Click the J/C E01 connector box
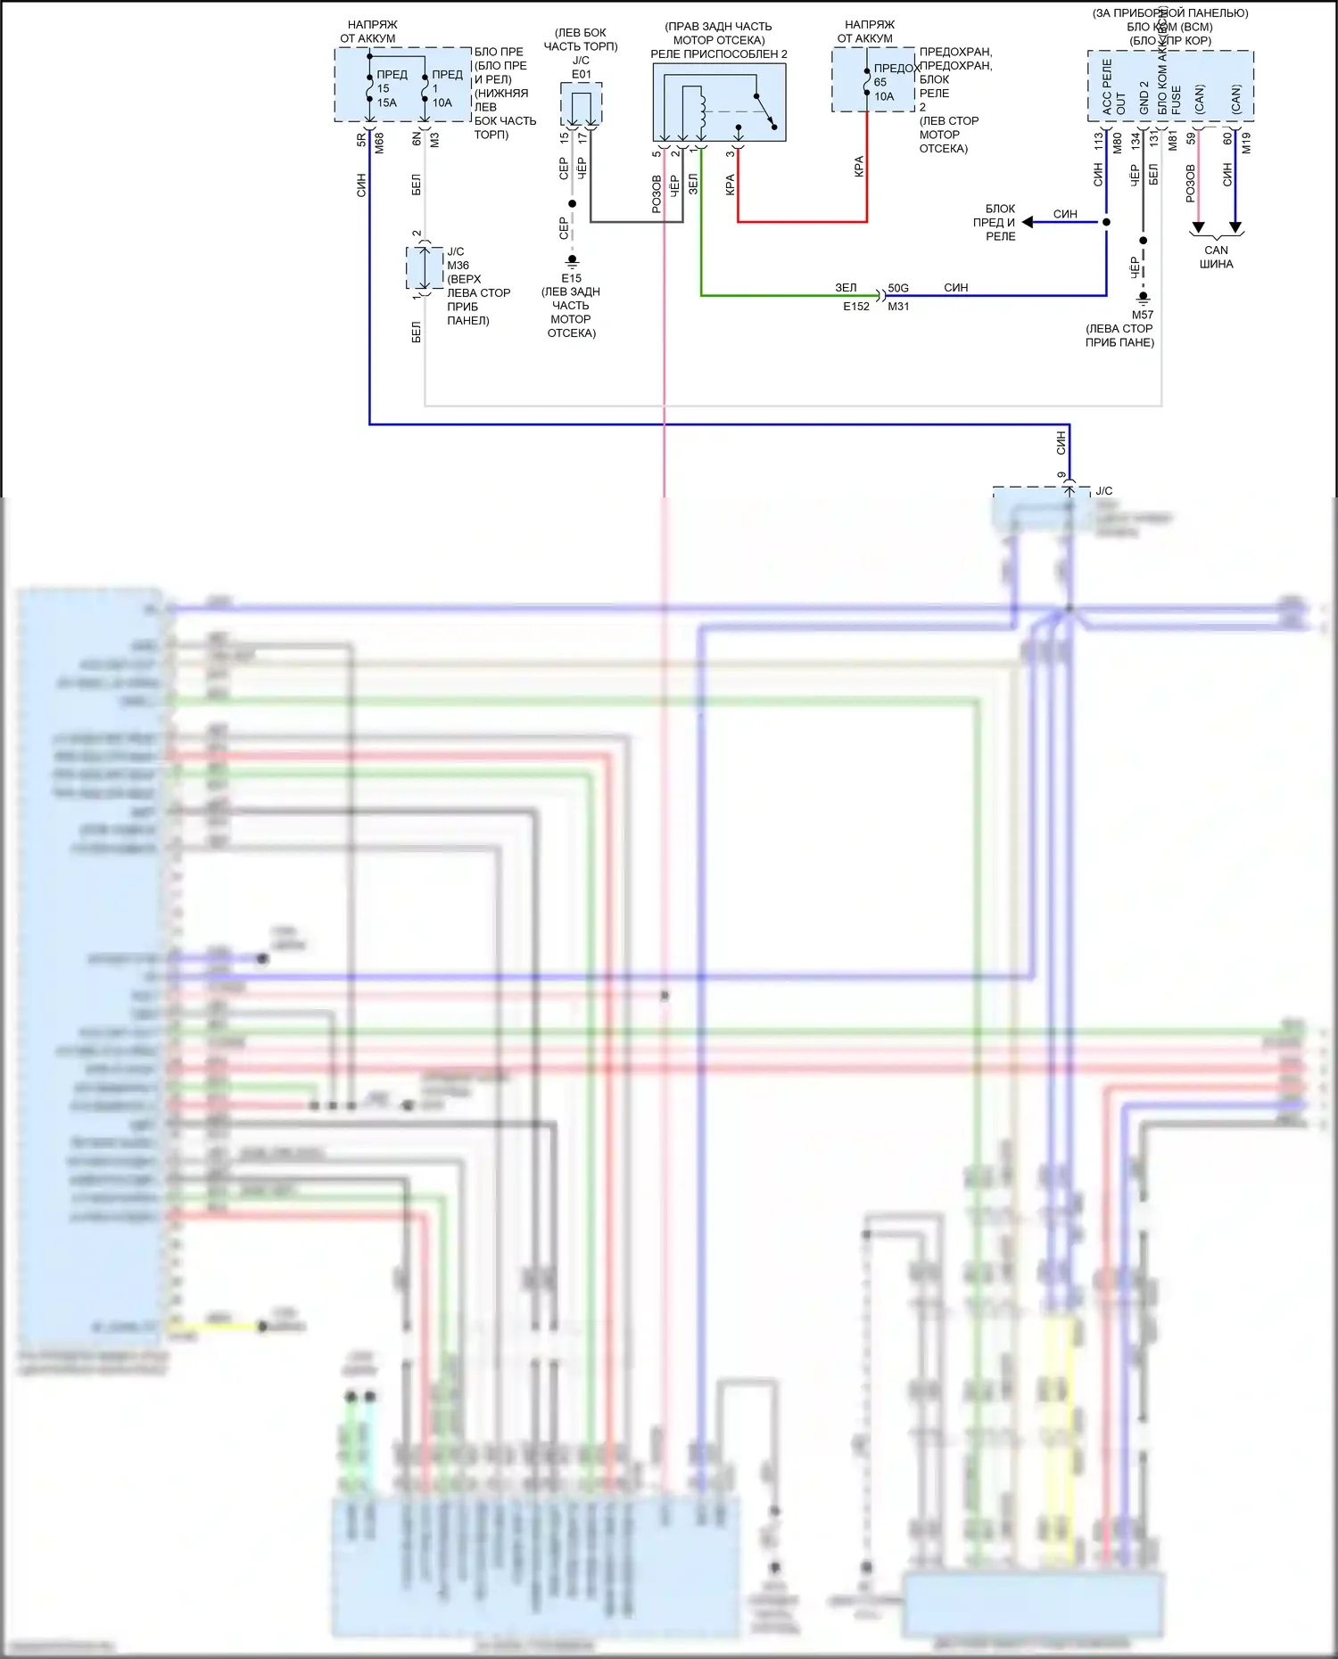tap(582, 104)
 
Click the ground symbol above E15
tap(573, 261)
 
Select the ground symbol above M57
tap(1143, 298)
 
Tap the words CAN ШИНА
tap(1216, 257)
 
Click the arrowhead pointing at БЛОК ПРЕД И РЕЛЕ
tap(1028, 222)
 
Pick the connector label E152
tap(856, 307)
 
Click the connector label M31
tap(898, 307)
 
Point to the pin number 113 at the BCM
tap(1099, 141)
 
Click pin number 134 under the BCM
tap(1136, 141)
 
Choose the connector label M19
tap(1246, 143)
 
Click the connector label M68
tap(379, 143)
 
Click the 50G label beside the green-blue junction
tap(898, 288)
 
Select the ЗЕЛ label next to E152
tap(846, 288)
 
